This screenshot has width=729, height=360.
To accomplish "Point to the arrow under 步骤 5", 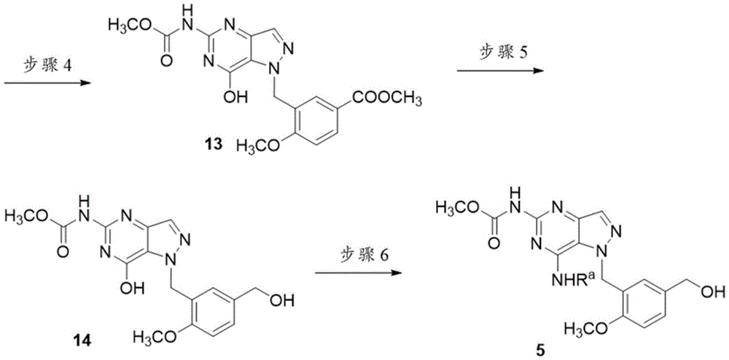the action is coord(499,71).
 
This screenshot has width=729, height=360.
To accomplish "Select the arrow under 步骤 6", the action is coord(357,273).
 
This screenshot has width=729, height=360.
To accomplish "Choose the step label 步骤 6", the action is coord(358,256).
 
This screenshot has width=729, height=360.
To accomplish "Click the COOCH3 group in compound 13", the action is coord(388,99).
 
